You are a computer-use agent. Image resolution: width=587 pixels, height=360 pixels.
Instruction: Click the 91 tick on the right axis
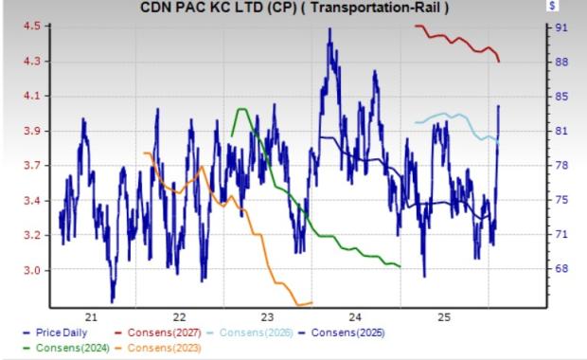[x=560, y=27]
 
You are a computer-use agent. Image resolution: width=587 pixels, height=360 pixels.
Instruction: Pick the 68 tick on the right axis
[x=560, y=269]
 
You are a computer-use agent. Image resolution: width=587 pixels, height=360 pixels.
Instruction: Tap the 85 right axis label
[x=560, y=96]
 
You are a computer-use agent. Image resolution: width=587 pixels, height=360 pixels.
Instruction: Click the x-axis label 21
[x=92, y=316]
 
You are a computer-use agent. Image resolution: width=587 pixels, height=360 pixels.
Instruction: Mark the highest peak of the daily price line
[x=329, y=29]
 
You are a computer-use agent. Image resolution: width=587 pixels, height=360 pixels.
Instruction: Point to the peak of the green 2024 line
[x=241, y=109]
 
